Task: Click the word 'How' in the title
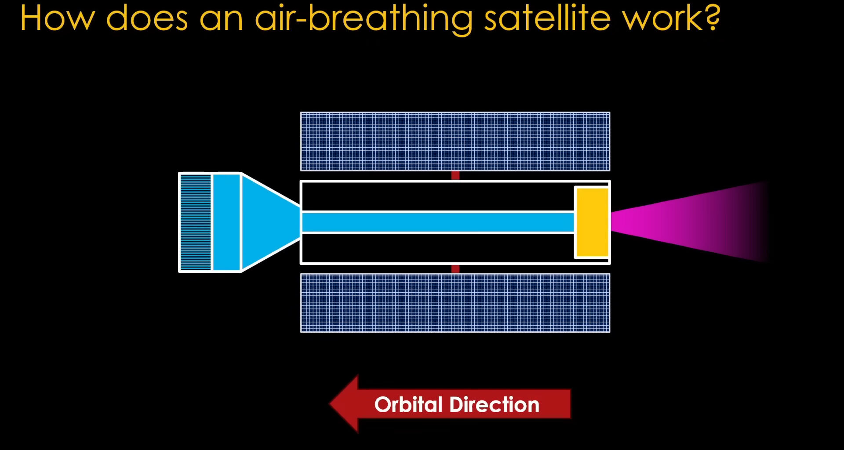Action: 58,18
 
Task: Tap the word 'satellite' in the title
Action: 547,18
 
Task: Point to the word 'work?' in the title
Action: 671,18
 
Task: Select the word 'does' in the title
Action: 147,18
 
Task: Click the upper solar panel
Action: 455,142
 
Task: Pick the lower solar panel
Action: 455,303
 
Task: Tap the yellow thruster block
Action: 592,222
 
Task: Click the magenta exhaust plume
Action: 686,222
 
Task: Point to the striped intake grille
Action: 196,222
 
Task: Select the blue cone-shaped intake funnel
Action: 270,222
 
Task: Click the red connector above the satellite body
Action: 455,175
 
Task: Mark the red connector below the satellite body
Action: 455,269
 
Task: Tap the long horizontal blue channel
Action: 438,222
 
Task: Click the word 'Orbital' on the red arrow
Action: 408,404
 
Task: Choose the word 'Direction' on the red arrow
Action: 494,404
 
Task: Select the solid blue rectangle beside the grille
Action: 226,222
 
